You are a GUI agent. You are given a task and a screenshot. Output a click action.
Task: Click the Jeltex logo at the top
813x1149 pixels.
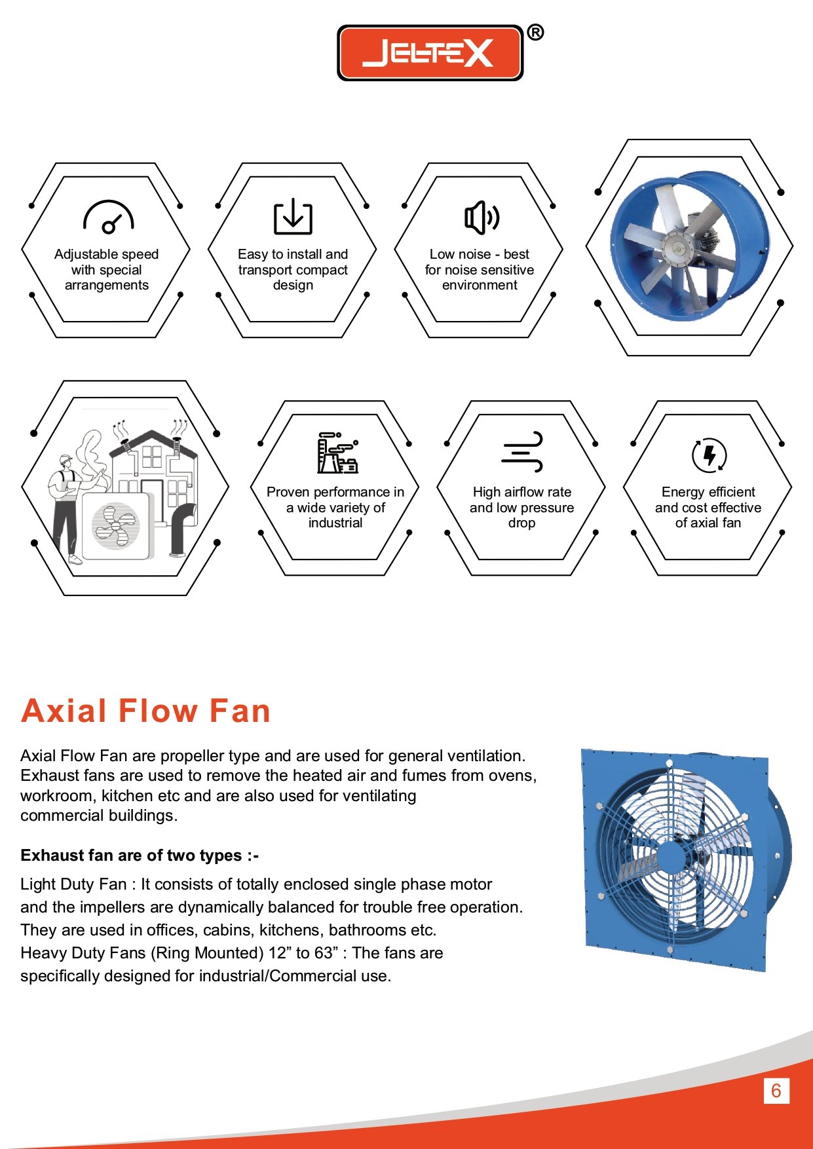(x=430, y=52)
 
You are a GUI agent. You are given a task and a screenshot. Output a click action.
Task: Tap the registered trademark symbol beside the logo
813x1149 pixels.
(x=535, y=32)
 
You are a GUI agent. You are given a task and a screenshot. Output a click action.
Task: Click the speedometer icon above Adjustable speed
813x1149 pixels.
(x=108, y=217)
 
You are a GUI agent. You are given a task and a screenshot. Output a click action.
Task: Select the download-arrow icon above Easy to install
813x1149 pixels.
(x=293, y=216)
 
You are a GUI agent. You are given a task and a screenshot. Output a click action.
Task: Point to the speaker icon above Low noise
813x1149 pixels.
(x=482, y=217)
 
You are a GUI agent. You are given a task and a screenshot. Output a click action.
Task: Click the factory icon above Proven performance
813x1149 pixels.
(x=337, y=453)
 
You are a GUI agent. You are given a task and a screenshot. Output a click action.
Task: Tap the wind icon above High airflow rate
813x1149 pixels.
(x=522, y=451)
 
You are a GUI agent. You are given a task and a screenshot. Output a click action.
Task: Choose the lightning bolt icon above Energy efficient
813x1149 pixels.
(x=709, y=455)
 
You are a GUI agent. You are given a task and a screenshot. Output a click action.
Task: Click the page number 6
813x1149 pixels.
(x=776, y=1091)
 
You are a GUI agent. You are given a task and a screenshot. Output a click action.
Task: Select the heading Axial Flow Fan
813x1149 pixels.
(x=145, y=711)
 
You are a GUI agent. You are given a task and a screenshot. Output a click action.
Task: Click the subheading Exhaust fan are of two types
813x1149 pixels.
(x=140, y=856)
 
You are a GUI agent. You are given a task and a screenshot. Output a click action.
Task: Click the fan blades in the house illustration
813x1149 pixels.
(x=115, y=525)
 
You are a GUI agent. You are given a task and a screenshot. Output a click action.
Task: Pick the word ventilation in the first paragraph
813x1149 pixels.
(x=485, y=756)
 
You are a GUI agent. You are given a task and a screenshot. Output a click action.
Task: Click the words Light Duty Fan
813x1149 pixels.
(x=73, y=884)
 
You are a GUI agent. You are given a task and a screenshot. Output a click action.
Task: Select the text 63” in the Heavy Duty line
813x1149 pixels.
(x=325, y=953)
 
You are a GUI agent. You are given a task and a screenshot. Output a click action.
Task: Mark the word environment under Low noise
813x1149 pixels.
(x=480, y=285)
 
